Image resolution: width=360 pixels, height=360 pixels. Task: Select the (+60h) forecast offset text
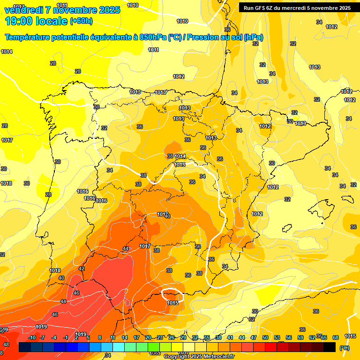point(81,21)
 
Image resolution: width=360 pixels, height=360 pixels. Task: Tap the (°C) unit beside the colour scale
point(344,348)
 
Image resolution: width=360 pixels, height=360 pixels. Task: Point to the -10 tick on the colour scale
point(31,338)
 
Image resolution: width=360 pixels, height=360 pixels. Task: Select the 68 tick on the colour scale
point(336,338)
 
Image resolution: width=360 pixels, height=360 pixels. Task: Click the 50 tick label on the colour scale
point(265,338)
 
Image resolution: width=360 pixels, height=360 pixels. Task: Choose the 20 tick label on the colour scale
point(148,338)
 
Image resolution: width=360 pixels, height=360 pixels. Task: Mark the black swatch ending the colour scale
point(330,347)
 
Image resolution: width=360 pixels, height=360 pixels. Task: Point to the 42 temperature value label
point(82,269)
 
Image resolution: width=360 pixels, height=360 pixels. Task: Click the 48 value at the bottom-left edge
point(6,345)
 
